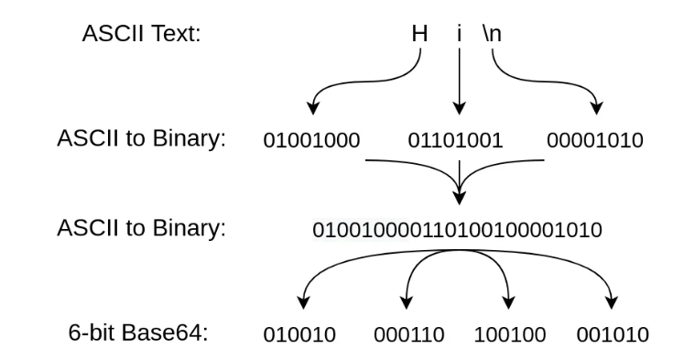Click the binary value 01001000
[x=312, y=141]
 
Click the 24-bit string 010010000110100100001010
[x=457, y=229]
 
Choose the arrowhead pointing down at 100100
[x=509, y=303]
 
